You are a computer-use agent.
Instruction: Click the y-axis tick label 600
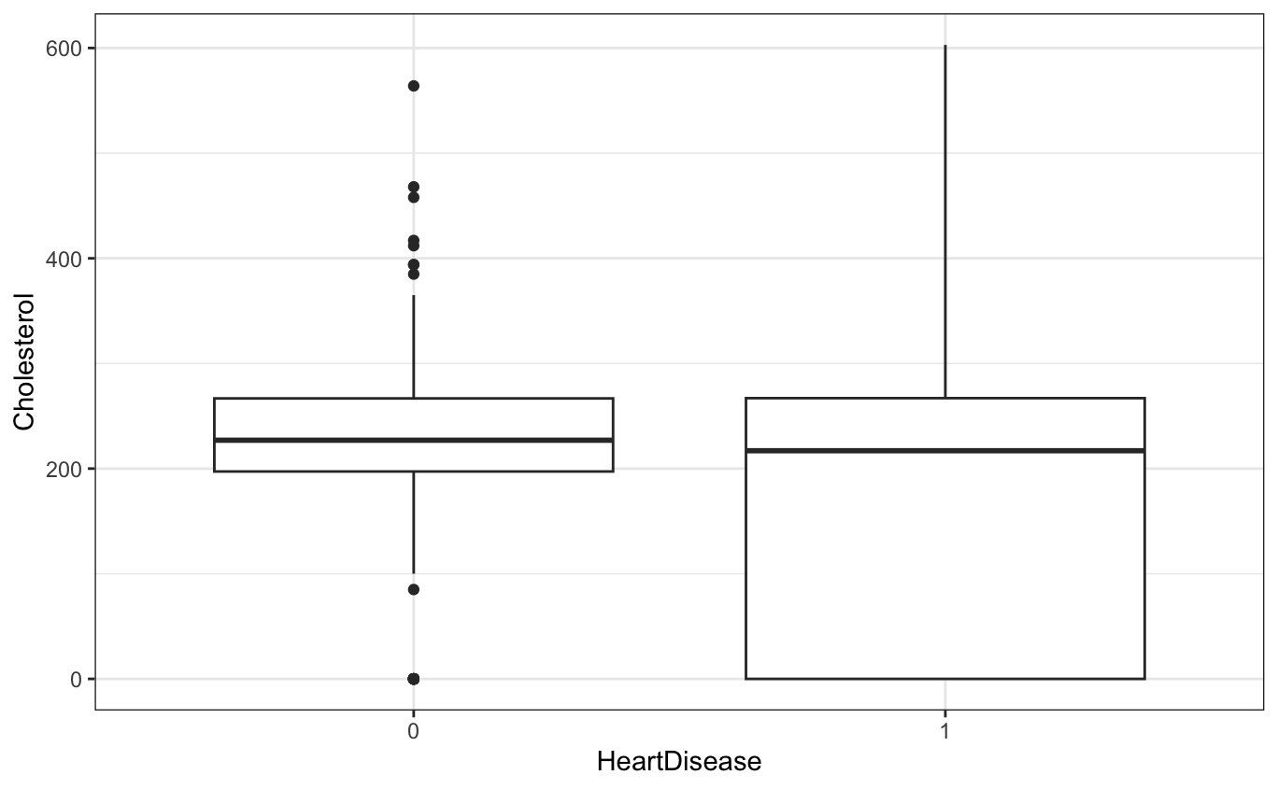pos(64,48)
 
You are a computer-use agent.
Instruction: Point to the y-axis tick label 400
pos(64,258)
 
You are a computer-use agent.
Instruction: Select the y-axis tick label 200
pos(64,468)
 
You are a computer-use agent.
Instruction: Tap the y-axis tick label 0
pos(77,679)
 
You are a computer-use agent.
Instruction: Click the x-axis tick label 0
pos(413,730)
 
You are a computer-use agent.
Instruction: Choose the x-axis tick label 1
pos(944,730)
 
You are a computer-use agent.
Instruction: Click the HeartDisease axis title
pos(679,763)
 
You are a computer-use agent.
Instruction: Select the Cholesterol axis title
pos(24,362)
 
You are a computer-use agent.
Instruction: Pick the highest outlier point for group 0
pos(413,86)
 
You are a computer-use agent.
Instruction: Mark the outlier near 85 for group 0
pos(413,589)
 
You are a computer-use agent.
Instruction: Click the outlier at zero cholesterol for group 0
pos(413,679)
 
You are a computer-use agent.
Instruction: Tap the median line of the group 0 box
pos(413,440)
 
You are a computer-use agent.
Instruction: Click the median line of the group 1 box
pos(944,451)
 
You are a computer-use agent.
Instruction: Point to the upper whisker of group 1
pos(944,224)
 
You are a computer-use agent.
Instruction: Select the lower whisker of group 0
pos(413,523)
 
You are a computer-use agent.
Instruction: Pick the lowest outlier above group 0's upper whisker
pos(413,274)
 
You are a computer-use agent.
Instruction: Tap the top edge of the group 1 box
pos(944,399)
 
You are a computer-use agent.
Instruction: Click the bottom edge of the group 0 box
pos(413,472)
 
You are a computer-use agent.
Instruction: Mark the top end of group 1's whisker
pos(944,46)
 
